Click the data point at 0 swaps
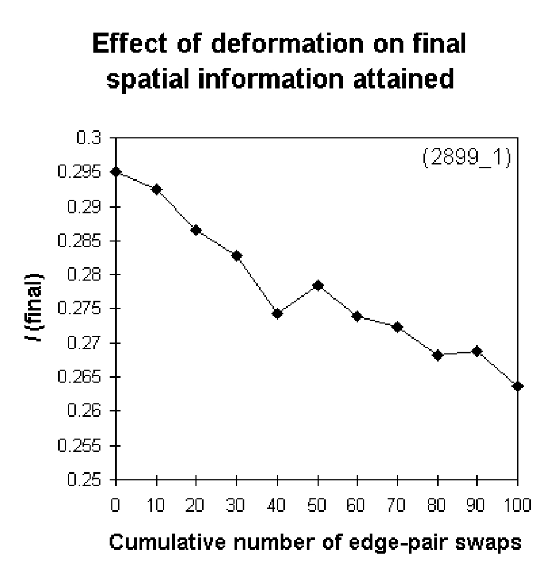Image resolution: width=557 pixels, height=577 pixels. [116, 172]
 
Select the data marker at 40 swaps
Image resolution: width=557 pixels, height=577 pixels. [277, 313]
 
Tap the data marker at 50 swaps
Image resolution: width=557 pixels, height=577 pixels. [318, 286]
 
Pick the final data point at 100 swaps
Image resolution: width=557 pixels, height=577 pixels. [517, 386]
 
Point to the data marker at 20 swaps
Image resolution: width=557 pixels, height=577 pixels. [196, 230]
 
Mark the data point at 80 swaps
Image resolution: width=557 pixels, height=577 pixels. [438, 355]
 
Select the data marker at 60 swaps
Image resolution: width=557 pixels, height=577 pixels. [357, 316]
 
